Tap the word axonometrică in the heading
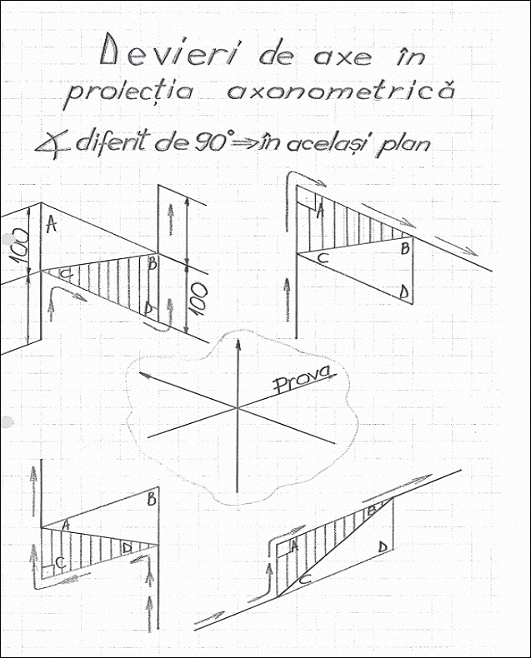point(341,92)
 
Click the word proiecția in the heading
point(129,93)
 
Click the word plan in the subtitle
point(404,144)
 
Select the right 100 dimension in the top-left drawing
point(199,299)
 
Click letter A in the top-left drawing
point(51,224)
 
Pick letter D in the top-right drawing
point(404,292)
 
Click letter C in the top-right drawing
point(323,257)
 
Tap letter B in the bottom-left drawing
point(152,500)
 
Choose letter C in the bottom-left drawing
point(60,562)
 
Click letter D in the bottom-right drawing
point(382,547)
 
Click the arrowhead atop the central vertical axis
point(238,346)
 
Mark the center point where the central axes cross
point(238,407)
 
